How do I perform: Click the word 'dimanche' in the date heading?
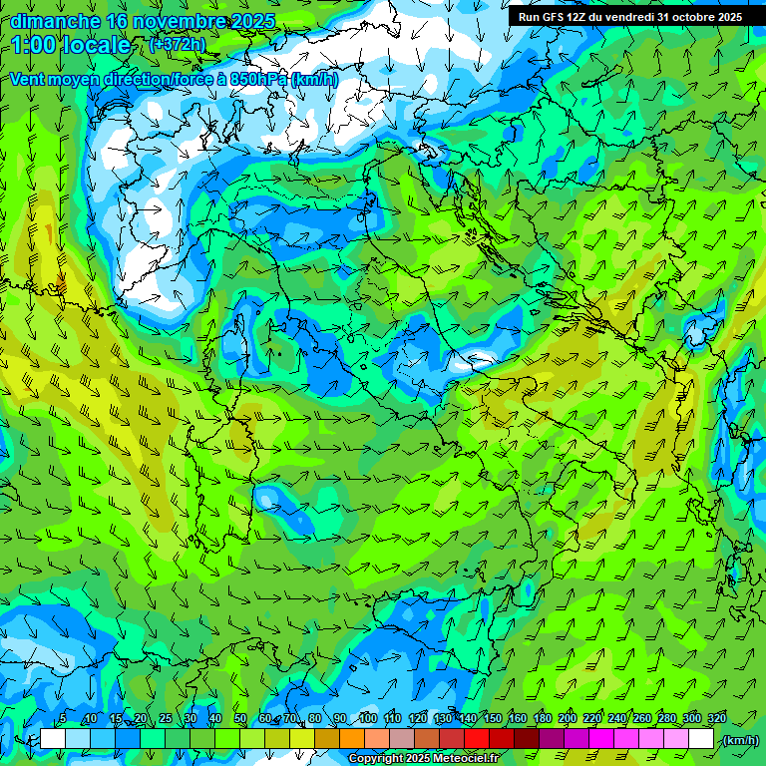click(55, 21)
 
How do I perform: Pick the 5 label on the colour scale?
click(63, 718)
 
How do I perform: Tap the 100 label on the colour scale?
click(367, 718)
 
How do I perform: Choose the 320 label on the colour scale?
click(716, 718)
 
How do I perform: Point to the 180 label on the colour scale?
click(542, 718)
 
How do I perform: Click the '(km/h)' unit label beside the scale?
click(740, 740)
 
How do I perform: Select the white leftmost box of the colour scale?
click(52, 739)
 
